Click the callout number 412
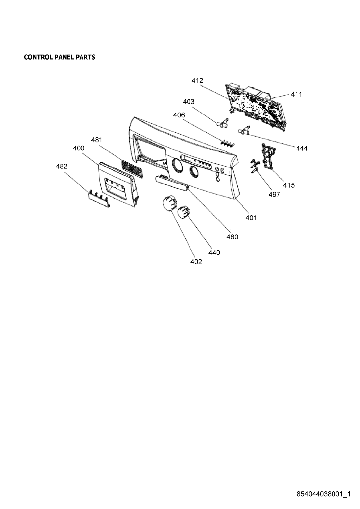coord(197,81)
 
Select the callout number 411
coord(297,94)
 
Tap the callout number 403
coord(189,102)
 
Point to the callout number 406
coord(179,115)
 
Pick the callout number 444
coord(302,149)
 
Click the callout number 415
coord(289,185)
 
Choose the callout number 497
coord(274,194)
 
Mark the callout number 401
coord(251,218)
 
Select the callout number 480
coord(232,237)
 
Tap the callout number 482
coord(62,166)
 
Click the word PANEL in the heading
coord(64,57)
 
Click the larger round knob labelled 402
coord(170,202)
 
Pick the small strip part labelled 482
coord(99,199)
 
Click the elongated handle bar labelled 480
coord(172,182)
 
